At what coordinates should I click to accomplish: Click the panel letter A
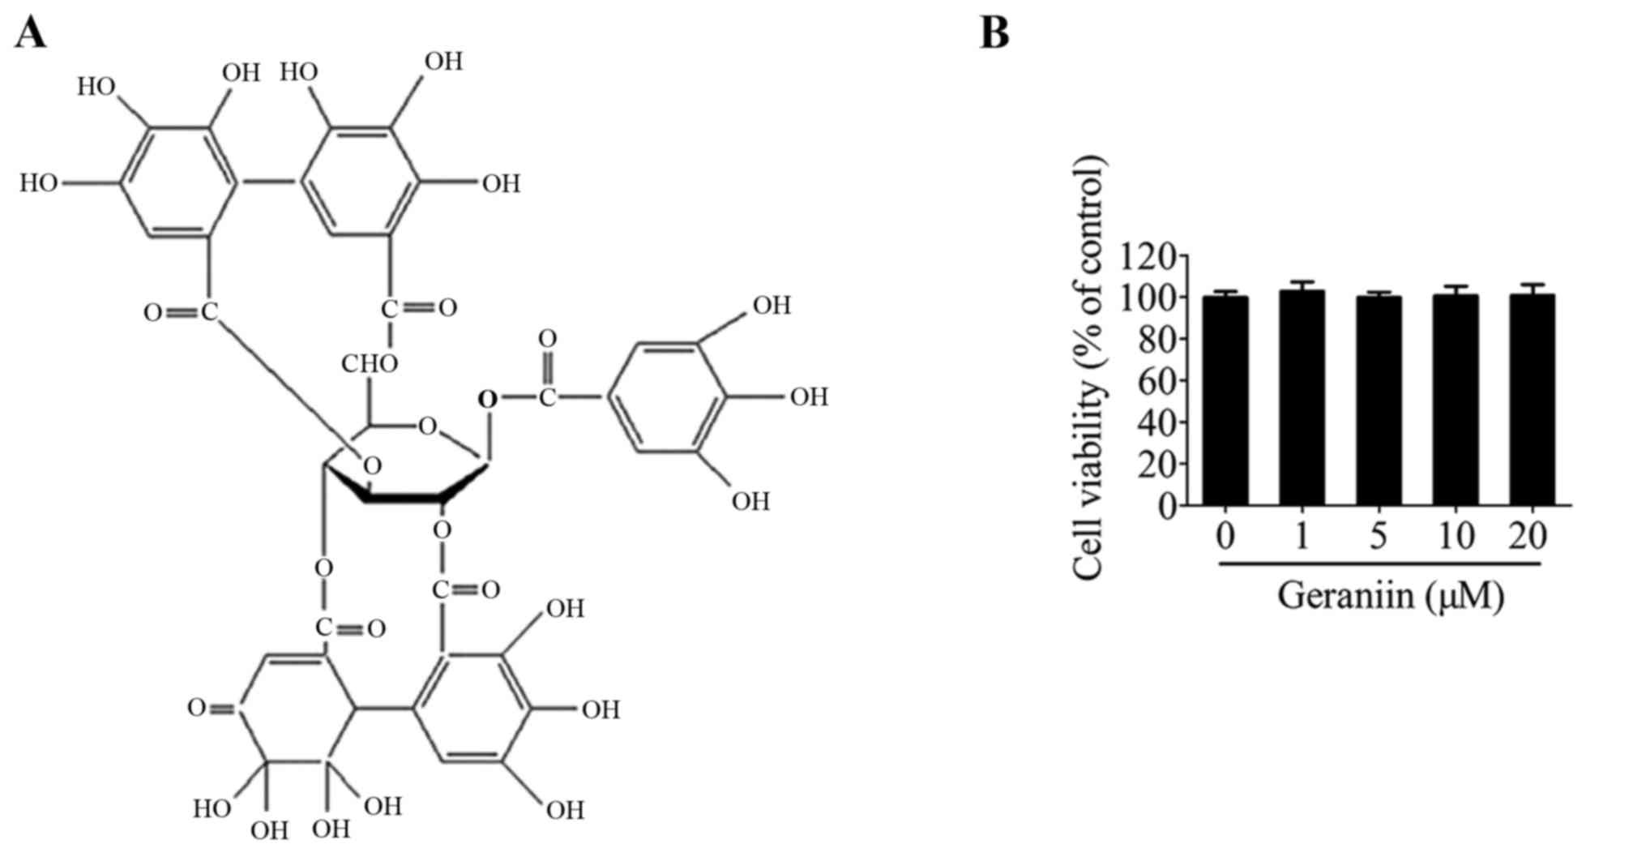[30, 33]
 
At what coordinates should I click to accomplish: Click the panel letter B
[994, 33]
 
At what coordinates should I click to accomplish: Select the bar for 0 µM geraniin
[1225, 401]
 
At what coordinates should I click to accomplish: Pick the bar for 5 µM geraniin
[1379, 401]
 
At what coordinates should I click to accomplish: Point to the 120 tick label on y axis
[1148, 257]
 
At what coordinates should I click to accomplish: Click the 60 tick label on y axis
[1157, 381]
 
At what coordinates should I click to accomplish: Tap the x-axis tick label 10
[1456, 536]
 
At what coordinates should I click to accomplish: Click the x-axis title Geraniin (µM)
[1391, 596]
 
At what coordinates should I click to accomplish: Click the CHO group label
[369, 364]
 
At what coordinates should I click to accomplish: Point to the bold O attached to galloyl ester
[487, 398]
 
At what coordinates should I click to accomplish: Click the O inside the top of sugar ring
[427, 425]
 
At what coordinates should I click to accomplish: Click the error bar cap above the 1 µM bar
[1302, 282]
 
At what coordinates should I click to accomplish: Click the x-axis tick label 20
[1529, 536]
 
